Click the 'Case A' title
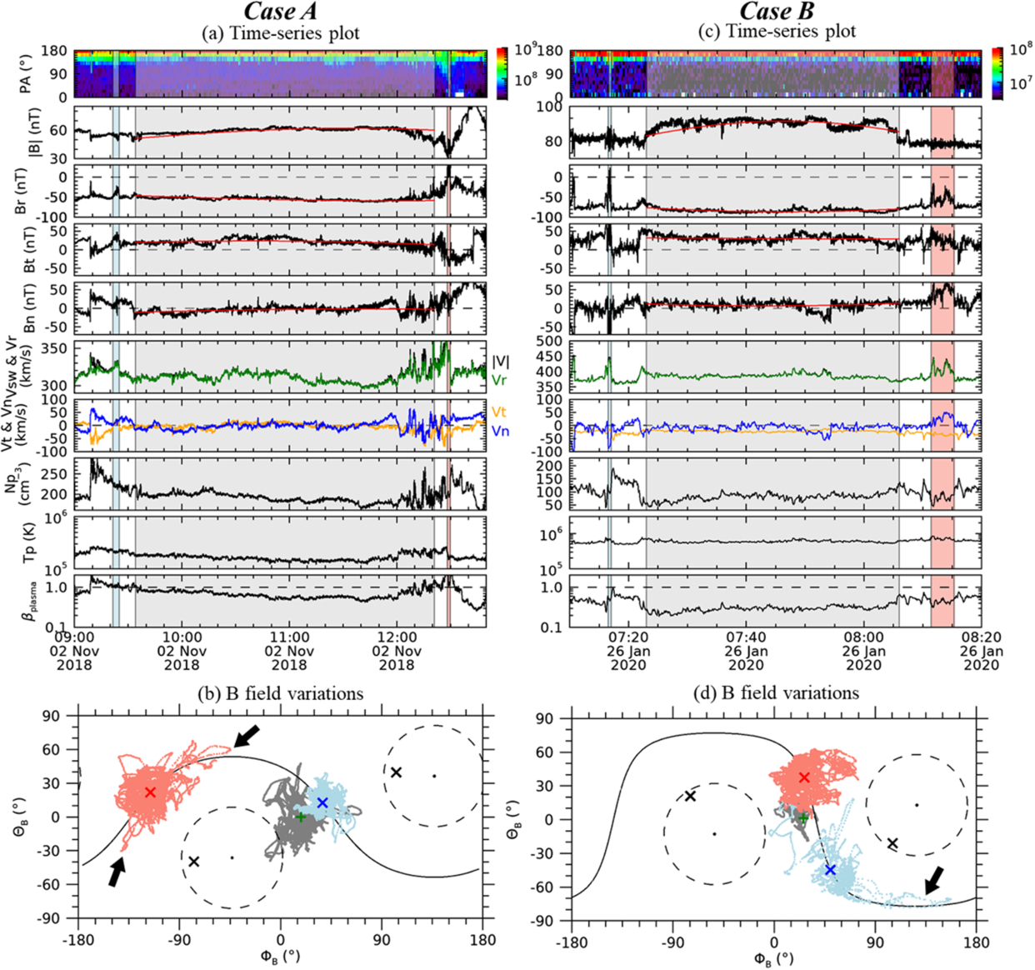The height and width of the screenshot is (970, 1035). (x=281, y=11)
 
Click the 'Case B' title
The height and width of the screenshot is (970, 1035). (x=777, y=11)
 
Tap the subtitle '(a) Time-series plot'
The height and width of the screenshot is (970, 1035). (x=281, y=33)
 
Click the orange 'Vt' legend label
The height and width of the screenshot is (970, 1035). (x=498, y=412)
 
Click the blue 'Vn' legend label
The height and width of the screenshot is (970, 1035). (x=500, y=432)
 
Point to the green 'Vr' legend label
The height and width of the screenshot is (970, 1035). (x=500, y=381)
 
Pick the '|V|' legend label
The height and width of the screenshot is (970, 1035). (x=501, y=361)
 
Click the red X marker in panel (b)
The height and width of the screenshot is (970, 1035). (x=150, y=792)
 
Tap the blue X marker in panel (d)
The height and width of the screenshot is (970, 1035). (x=830, y=870)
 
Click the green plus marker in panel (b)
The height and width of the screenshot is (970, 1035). (x=300, y=817)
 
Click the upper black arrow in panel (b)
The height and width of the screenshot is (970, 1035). (x=246, y=736)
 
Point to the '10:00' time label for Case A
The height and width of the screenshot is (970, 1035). (x=182, y=637)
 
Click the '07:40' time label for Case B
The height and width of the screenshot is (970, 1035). (x=747, y=637)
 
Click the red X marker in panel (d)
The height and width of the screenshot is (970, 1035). (x=804, y=792)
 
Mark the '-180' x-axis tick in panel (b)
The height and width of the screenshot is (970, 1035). (x=77, y=940)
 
